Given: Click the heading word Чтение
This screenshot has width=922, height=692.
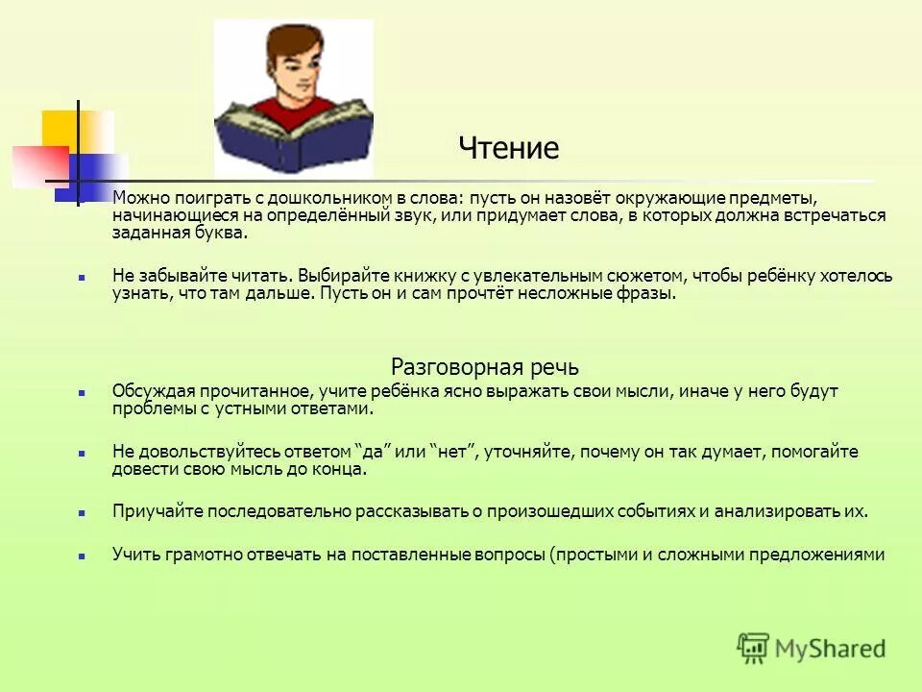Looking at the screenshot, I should pos(508,149).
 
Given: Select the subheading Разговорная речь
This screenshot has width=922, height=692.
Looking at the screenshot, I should pos(485,367).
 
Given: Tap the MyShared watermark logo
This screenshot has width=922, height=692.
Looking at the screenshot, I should pos(812,647).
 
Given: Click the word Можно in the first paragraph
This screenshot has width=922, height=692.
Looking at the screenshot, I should pos(139,197).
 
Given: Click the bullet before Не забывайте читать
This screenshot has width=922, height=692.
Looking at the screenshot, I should pos(83,277).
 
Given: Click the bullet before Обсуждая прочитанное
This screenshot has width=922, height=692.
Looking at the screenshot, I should pos(83,393).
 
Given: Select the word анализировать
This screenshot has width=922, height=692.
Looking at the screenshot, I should pos(781,512).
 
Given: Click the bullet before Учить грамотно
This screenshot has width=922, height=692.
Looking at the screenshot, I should pos(83,556).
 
